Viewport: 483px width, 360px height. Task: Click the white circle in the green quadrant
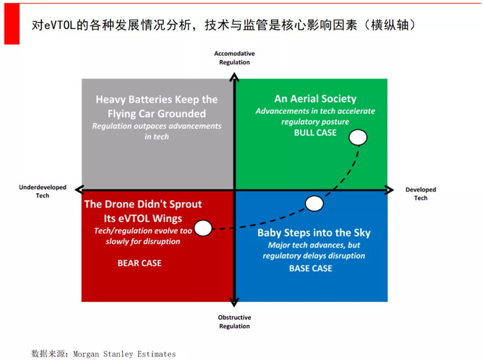click(x=358, y=137)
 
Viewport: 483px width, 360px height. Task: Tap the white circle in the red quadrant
click(x=203, y=228)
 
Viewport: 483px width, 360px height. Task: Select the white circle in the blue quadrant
click(x=314, y=203)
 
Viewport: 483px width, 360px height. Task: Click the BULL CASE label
click(x=315, y=132)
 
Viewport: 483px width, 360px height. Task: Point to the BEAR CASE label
click(x=139, y=263)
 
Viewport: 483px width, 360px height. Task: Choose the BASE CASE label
click(x=310, y=268)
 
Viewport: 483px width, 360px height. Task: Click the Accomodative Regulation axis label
click(x=235, y=58)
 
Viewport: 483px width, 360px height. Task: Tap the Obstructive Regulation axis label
click(x=235, y=322)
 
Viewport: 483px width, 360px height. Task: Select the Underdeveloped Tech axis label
click(x=43, y=191)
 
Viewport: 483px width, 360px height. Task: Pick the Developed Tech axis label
click(x=421, y=194)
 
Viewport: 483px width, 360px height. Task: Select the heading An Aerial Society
click(x=315, y=99)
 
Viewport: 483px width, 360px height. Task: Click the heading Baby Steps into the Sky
click(x=314, y=233)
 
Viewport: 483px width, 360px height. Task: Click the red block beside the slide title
click(x=12, y=24)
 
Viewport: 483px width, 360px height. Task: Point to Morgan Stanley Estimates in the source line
click(x=124, y=354)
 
